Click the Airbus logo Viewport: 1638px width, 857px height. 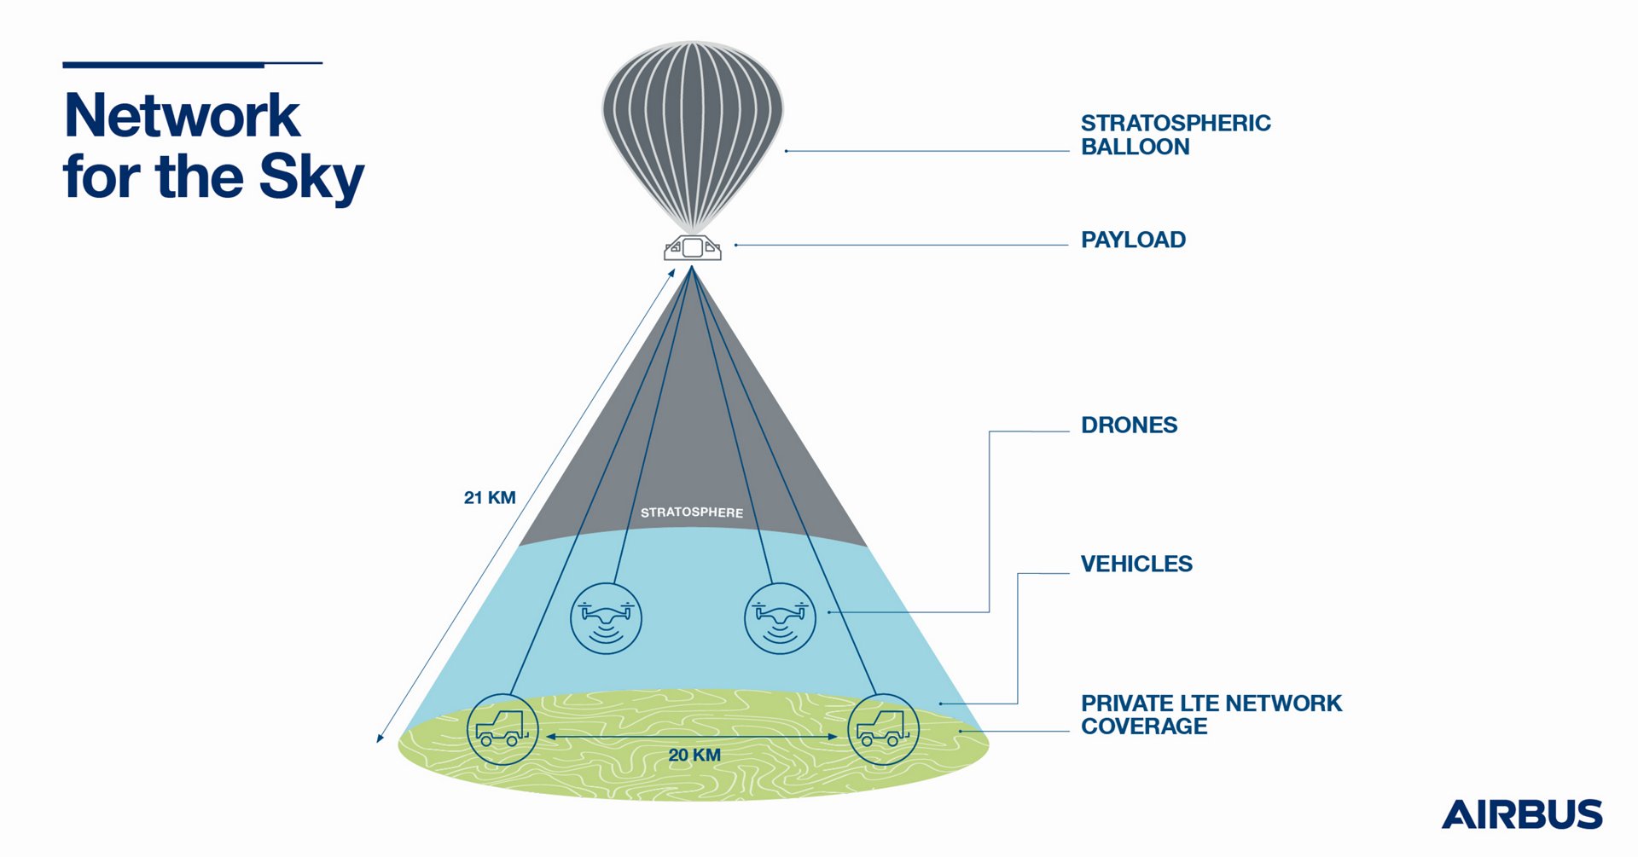click(x=1521, y=814)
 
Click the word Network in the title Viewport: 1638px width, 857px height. click(x=182, y=116)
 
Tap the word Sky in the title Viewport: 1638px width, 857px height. click(x=311, y=177)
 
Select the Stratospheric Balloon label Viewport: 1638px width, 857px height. click(x=1175, y=135)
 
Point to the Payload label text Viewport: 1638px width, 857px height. click(x=1133, y=240)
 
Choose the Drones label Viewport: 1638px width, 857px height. click(x=1129, y=425)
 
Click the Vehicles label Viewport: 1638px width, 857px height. click(x=1136, y=564)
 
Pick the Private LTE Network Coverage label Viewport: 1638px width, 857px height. click(x=1211, y=715)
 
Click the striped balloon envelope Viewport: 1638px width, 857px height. click(x=692, y=128)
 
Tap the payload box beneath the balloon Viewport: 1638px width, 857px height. click(x=693, y=248)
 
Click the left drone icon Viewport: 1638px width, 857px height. click(x=606, y=618)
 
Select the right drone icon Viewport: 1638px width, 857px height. click(x=780, y=618)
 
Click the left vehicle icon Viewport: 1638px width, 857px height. click(x=502, y=729)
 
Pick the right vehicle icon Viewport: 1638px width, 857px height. click(x=883, y=729)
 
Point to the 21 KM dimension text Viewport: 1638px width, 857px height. click(x=490, y=498)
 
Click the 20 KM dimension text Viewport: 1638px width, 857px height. click(x=694, y=756)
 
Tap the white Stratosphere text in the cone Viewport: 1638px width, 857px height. click(x=692, y=512)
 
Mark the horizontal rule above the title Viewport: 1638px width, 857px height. click(x=192, y=64)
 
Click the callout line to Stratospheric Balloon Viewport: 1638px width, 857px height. click(x=926, y=151)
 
